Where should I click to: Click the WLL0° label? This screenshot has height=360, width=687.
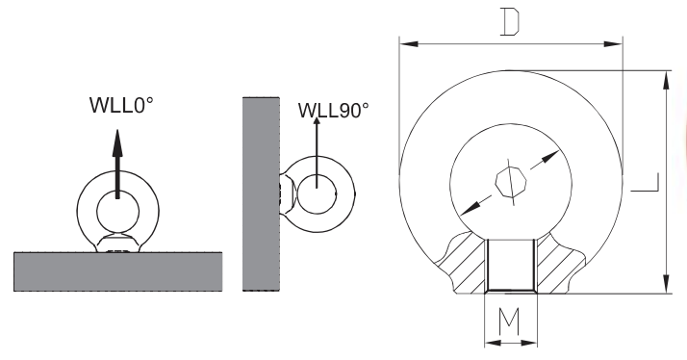pyautogui.click(x=121, y=105)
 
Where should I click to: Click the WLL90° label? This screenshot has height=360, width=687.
pyautogui.click(x=334, y=110)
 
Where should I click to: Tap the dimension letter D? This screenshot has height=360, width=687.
pyautogui.click(x=510, y=21)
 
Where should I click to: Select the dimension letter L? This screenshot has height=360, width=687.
pyautogui.click(x=645, y=183)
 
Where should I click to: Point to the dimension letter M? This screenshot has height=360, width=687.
pyautogui.click(x=509, y=321)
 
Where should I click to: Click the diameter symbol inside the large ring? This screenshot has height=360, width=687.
pyautogui.click(x=511, y=182)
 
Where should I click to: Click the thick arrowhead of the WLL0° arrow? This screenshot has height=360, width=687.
pyautogui.click(x=117, y=143)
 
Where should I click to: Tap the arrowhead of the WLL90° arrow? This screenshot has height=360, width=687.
pyautogui.click(x=317, y=121)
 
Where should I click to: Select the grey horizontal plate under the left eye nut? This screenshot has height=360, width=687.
pyautogui.click(x=117, y=271)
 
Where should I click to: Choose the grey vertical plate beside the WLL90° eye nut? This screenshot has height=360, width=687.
pyautogui.click(x=261, y=193)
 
